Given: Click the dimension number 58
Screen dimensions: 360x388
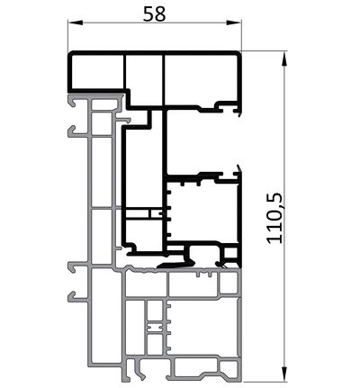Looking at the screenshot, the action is click(x=154, y=14).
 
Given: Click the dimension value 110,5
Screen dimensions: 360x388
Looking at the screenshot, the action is click(x=274, y=218).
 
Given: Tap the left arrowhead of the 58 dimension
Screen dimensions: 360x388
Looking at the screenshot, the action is click(x=76, y=23).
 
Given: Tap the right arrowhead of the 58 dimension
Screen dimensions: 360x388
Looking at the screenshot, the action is click(x=234, y=23).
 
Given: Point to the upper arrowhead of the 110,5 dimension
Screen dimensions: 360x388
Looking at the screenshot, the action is click(x=284, y=59).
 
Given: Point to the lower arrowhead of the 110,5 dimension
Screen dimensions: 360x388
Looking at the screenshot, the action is click(x=284, y=374).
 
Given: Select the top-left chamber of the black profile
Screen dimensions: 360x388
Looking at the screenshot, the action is click(x=98, y=72).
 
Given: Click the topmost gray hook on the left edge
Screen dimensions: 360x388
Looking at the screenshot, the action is click(x=74, y=102).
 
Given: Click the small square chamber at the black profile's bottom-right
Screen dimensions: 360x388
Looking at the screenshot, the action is click(x=231, y=253).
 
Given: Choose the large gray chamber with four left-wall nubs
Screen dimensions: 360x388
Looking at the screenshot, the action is click(x=202, y=328).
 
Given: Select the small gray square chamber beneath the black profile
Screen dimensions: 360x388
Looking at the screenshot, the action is click(x=229, y=282).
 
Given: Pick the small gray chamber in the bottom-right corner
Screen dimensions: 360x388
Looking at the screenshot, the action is click(x=229, y=366).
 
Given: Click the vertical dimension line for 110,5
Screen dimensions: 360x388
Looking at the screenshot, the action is click(x=284, y=217).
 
